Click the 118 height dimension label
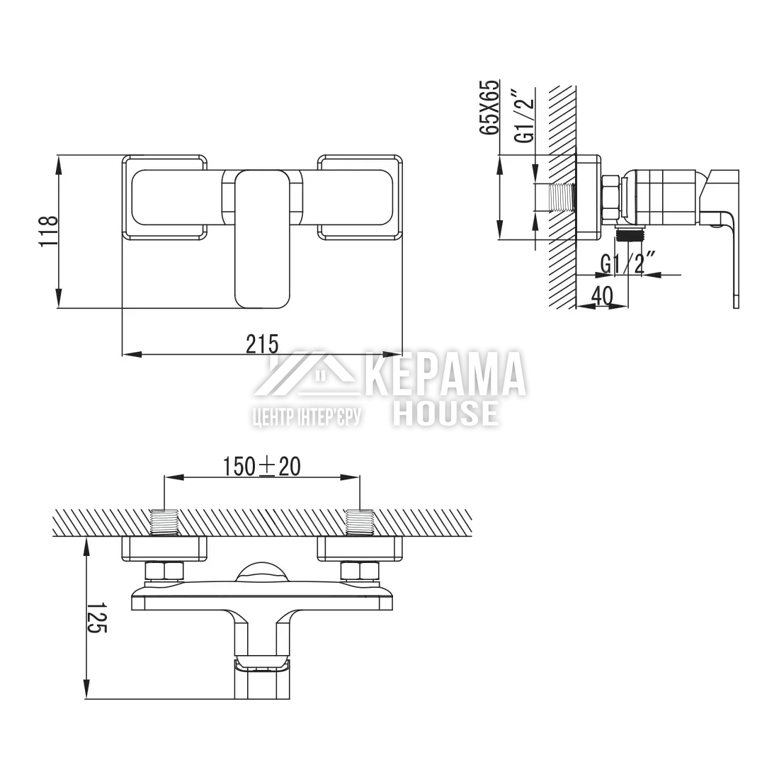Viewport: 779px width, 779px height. (49, 231)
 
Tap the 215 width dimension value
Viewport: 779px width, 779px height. (262, 343)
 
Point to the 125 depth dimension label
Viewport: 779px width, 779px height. (97, 618)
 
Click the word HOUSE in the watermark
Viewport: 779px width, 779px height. (445, 414)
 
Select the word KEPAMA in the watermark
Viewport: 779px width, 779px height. (448, 374)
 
